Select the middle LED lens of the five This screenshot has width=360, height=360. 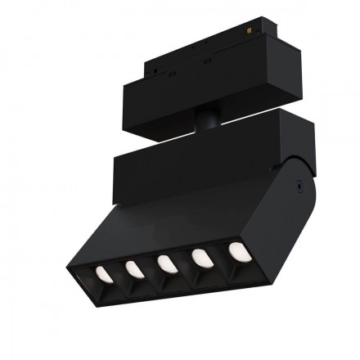click(x=166, y=263)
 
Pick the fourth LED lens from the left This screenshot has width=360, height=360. click(x=201, y=257)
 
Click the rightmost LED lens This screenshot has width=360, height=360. click(x=238, y=250)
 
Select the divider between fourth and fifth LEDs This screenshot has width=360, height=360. click(x=220, y=258)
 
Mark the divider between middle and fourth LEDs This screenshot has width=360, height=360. click(x=184, y=263)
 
